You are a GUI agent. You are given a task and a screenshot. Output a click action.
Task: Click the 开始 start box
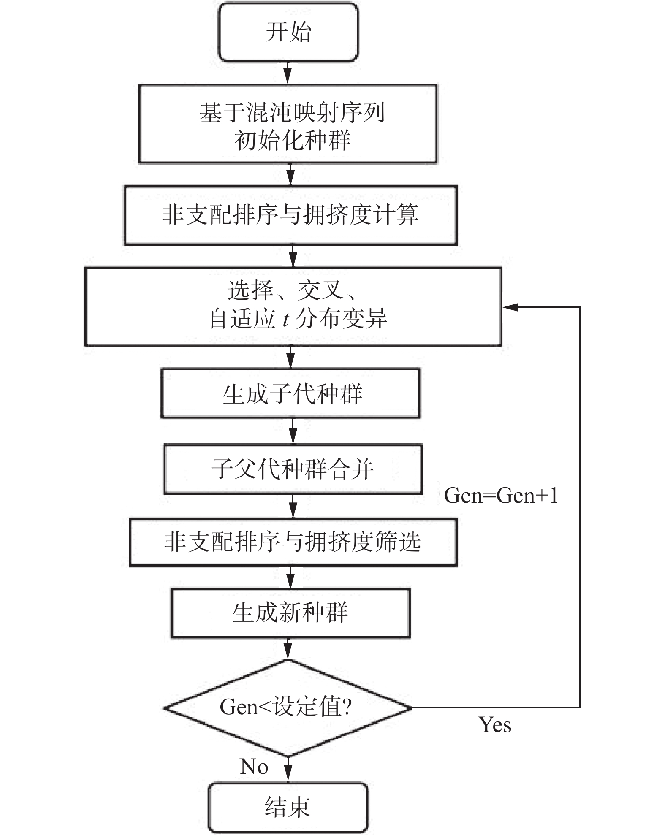tap(288, 32)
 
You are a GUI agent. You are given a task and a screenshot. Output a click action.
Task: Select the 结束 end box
tap(288, 807)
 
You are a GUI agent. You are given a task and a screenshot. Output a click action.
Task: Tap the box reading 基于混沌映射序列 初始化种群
tap(288, 123)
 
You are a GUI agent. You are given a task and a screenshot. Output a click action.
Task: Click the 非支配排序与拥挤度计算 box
tap(290, 215)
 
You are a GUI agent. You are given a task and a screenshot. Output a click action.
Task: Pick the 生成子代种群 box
tap(290, 393)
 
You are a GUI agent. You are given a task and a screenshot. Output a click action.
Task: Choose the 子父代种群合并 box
tap(293, 469)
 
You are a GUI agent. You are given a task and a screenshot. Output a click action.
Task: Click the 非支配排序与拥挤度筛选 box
tap(293, 542)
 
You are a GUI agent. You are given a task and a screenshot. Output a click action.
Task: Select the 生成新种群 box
tap(290, 613)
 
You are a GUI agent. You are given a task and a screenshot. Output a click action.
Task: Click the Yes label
tap(495, 725)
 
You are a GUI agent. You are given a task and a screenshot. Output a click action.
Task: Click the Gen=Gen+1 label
tap(501, 495)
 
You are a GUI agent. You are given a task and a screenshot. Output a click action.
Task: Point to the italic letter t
tap(286, 319)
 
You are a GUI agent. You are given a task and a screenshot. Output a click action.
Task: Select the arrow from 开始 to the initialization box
tap(288, 73)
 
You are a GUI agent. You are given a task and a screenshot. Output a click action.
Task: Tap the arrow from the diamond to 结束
tap(288, 769)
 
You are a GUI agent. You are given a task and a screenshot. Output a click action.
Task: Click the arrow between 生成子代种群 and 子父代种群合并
tap(293, 431)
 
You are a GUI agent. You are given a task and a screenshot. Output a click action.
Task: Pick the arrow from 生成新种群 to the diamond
tap(288, 648)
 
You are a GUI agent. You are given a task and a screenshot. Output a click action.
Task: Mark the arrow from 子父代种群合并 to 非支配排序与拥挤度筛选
tap(293, 506)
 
